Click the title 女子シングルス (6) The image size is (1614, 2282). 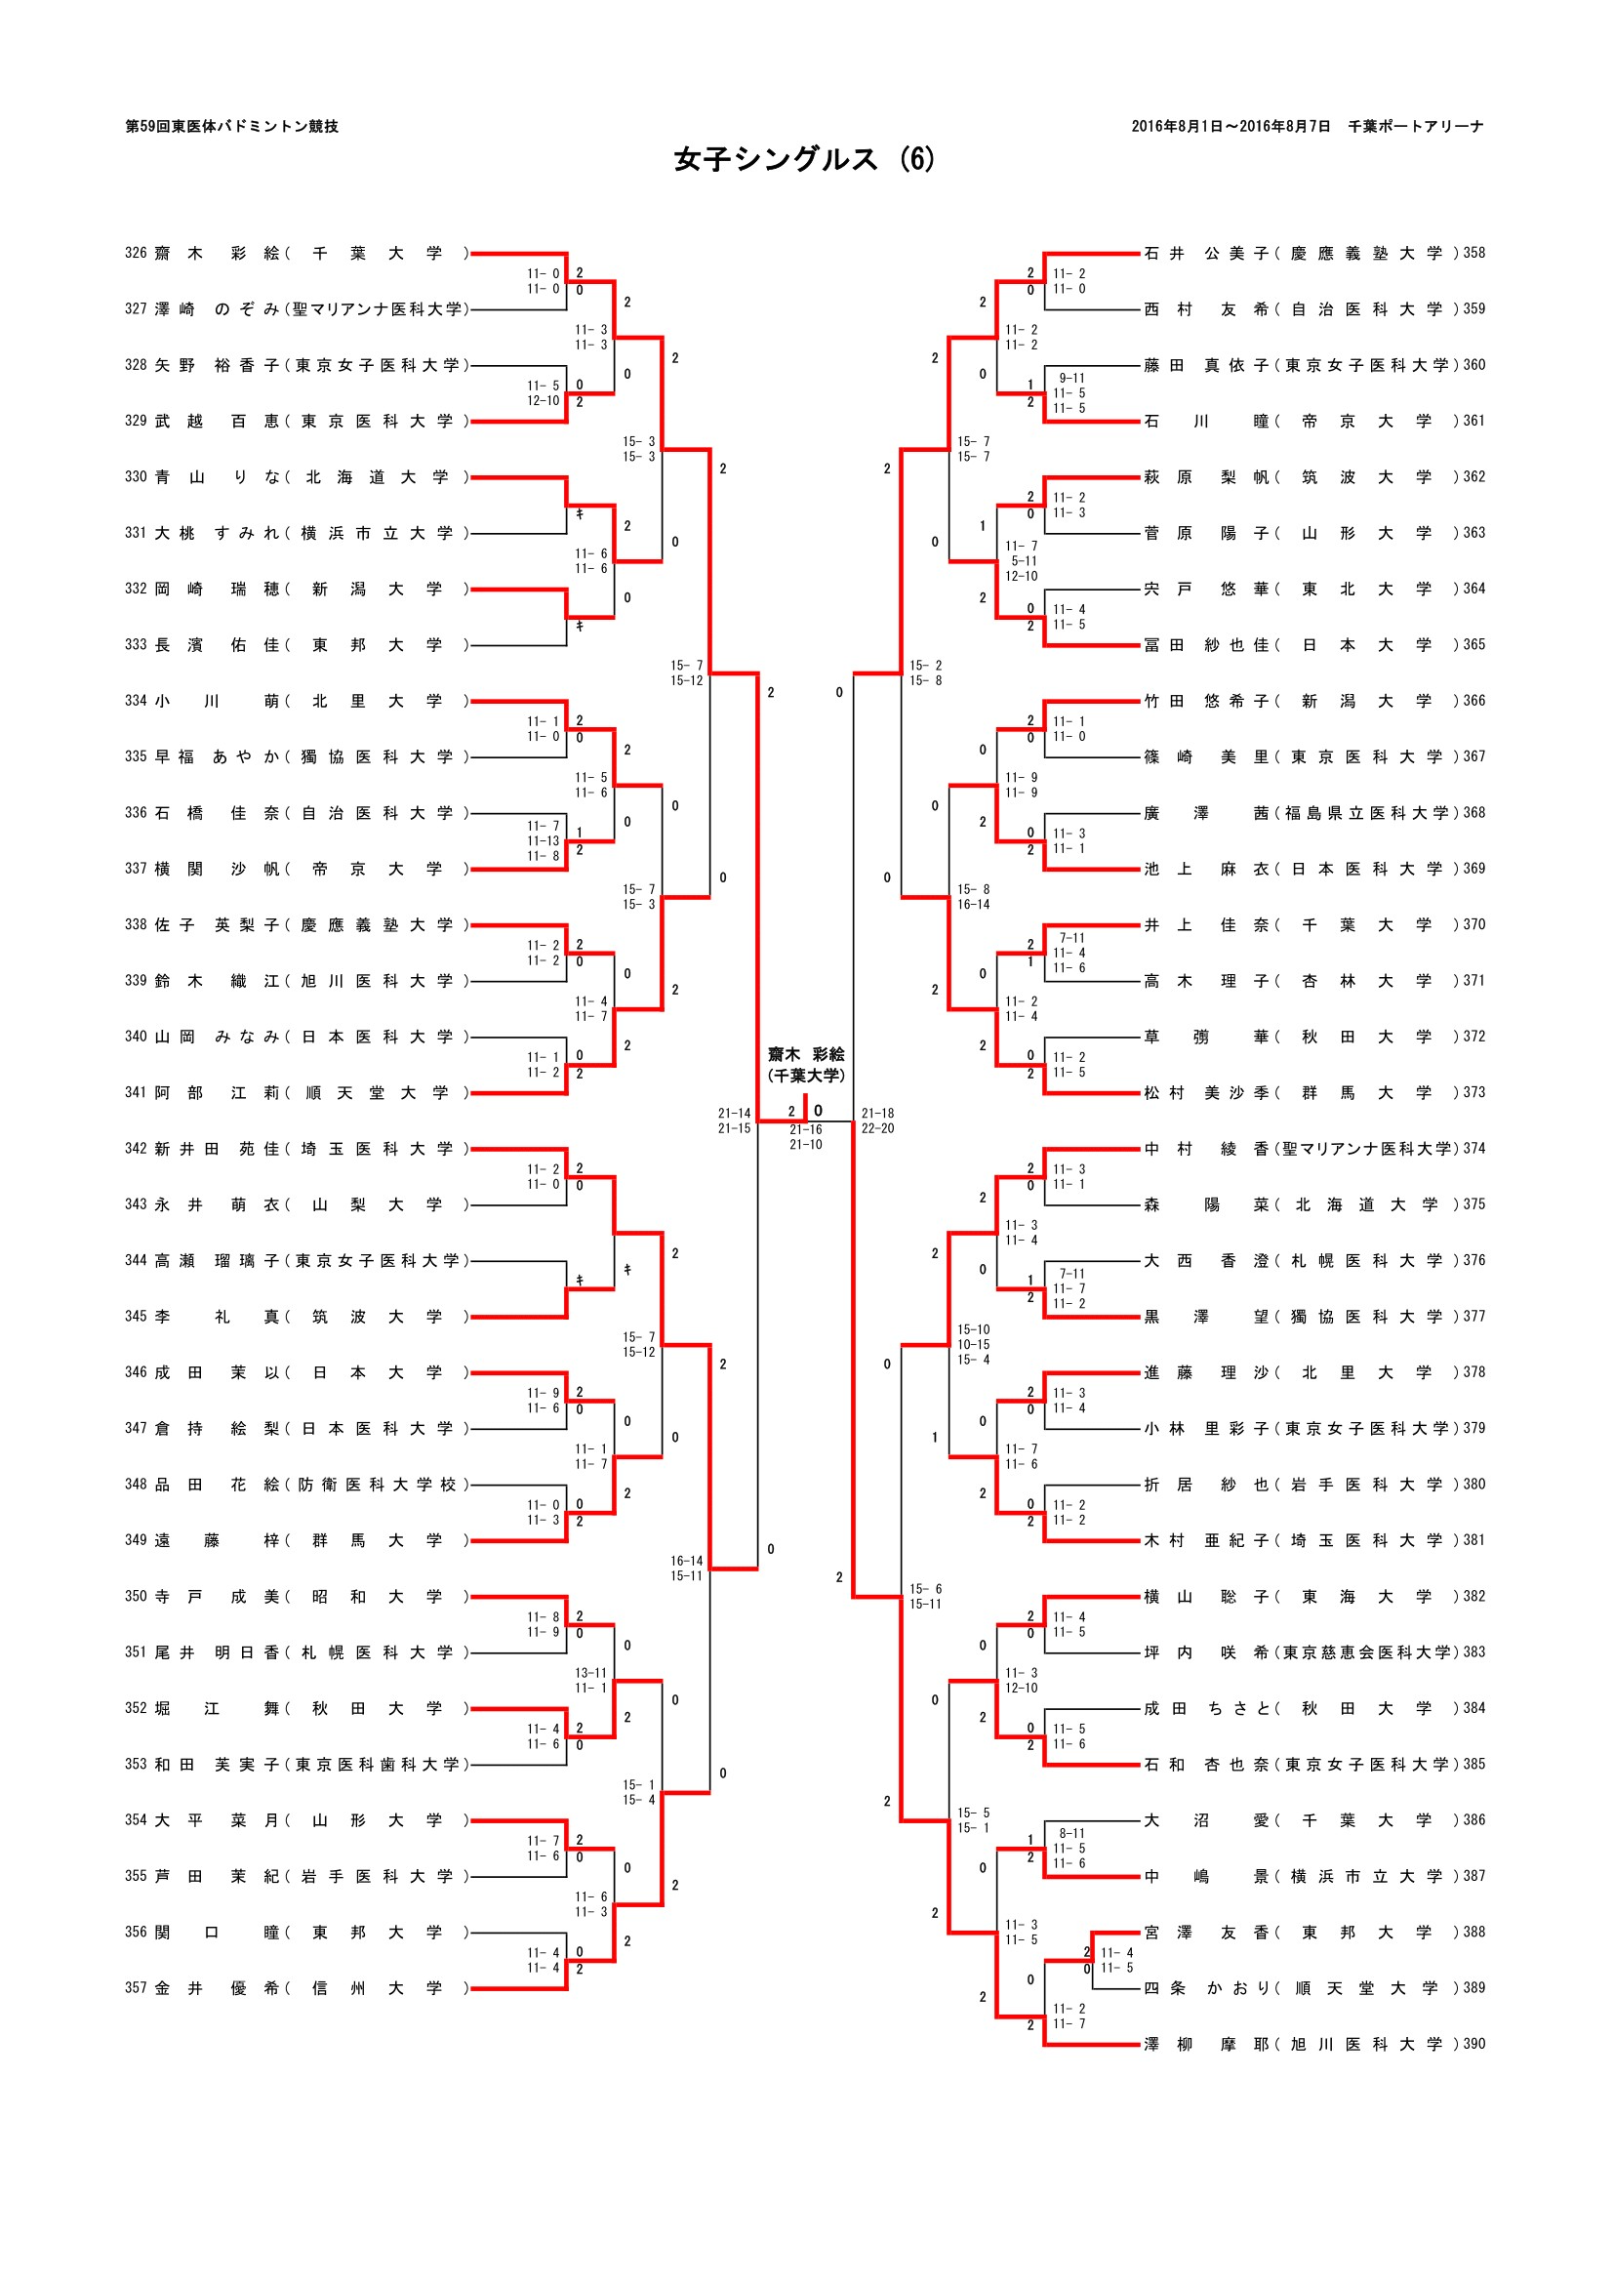804,159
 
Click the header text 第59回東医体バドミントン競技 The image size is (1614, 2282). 231,126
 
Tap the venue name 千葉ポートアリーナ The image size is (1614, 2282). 1415,126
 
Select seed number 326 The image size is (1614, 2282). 137,254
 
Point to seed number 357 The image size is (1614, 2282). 137,1988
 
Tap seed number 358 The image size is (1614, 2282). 1473,254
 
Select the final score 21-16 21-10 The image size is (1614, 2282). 806,1137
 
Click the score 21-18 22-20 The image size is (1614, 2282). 877,1121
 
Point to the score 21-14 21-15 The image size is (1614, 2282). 735,1121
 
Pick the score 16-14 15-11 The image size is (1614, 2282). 687,1569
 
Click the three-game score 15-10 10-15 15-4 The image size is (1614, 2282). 974,1344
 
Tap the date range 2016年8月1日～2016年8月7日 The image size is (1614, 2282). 1231,126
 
